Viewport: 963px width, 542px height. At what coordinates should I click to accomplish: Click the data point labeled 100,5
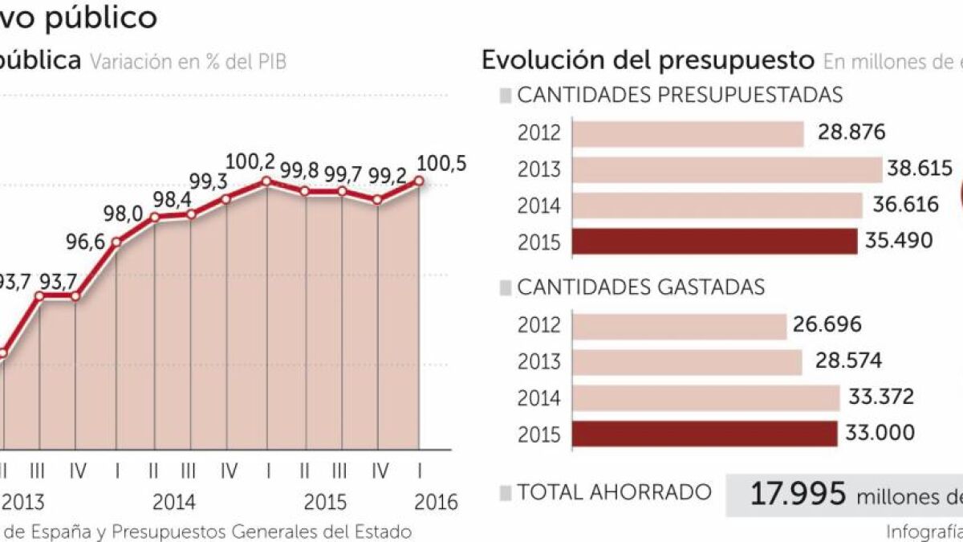(x=419, y=181)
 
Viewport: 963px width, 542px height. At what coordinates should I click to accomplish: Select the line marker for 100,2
(x=266, y=181)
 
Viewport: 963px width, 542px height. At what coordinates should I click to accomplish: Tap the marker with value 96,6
(x=116, y=241)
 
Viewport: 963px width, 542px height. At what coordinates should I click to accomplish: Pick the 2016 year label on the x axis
(x=437, y=503)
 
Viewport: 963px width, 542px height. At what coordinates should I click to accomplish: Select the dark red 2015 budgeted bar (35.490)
(x=715, y=241)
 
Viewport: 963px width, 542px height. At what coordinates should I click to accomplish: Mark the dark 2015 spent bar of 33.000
(x=706, y=434)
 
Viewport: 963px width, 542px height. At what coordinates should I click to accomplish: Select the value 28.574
(x=847, y=361)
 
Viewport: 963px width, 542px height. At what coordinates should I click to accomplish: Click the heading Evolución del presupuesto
(x=647, y=60)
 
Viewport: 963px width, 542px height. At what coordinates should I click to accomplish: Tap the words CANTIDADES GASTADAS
(x=640, y=287)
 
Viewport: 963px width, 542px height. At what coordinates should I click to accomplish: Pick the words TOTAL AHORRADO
(x=614, y=492)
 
